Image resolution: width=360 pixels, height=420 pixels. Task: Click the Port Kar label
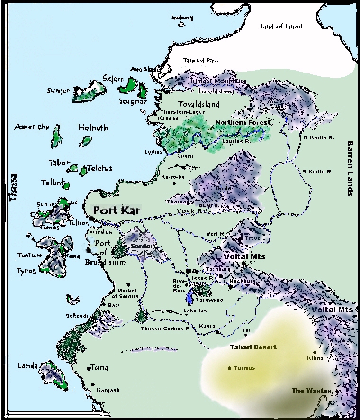click(x=117, y=210)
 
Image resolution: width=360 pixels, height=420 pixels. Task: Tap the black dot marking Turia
click(x=89, y=368)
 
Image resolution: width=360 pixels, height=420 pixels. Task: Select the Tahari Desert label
click(x=253, y=347)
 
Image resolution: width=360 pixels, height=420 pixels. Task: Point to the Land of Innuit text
click(x=281, y=27)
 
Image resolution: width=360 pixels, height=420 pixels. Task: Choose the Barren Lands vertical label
click(x=351, y=168)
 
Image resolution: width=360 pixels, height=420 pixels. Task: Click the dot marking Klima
click(x=314, y=352)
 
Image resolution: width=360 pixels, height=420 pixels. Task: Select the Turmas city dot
click(x=230, y=368)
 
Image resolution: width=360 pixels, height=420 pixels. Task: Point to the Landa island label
click(x=27, y=365)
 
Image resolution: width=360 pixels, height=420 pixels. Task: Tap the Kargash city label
click(x=108, y=390)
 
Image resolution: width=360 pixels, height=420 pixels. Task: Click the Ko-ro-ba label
click(x=171, y=177)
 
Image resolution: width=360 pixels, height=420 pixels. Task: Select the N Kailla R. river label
click(x=318, y=137)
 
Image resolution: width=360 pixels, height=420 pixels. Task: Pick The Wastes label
click(x=311, y=391)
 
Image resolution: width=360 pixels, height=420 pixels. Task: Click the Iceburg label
click(x=182, y=18)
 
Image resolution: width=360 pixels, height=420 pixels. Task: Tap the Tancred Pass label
click(x=201, y=61)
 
